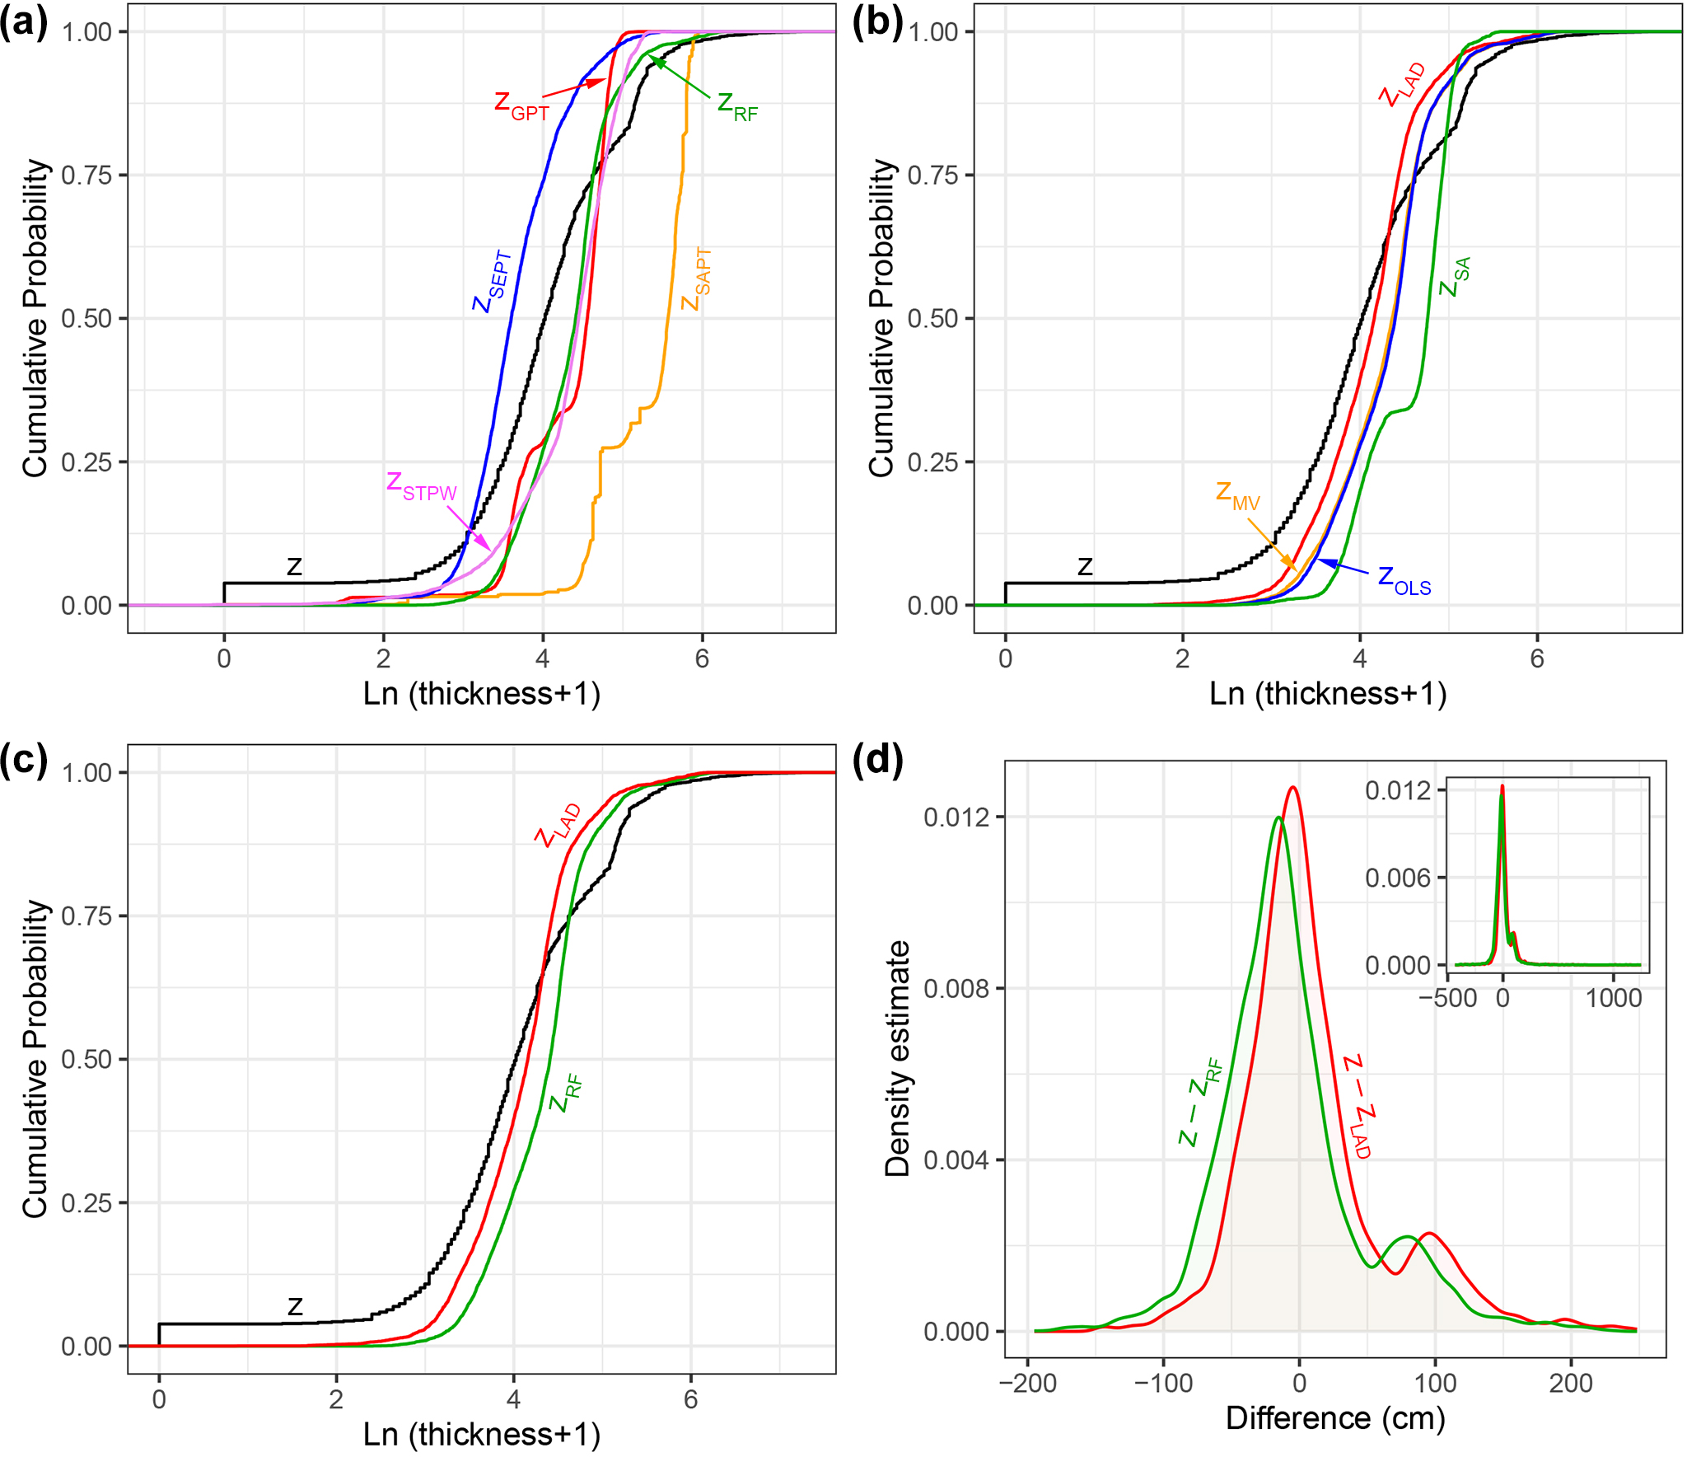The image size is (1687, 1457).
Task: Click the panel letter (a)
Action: click(25, 23)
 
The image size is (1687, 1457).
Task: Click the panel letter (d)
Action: click(878, 760)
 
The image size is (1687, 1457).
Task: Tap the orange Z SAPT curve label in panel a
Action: click(697, 280)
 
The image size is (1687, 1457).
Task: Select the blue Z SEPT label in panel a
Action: click(493, 283)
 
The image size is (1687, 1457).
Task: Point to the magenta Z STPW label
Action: click(421, 486)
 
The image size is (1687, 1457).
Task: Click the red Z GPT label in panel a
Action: click(521, 105)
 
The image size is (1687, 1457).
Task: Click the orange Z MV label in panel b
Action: click(1237, 496)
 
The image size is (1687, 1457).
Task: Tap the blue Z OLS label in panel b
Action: click(1404, 580)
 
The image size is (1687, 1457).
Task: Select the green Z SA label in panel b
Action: click(1455, 278)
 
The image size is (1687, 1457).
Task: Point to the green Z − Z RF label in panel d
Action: click(1201, 1103)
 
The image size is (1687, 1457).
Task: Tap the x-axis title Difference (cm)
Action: click(1335, 1418)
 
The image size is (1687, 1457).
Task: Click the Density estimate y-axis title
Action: click(897, 1058)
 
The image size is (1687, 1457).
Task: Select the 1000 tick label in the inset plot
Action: click(1614, 999)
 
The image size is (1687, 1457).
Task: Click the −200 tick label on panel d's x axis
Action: click(1027, 1383)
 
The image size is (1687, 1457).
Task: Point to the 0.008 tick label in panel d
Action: click(956, 988)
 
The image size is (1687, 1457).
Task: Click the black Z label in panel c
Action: click(295, 1306)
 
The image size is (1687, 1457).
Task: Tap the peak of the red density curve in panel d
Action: click(1293, 788)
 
